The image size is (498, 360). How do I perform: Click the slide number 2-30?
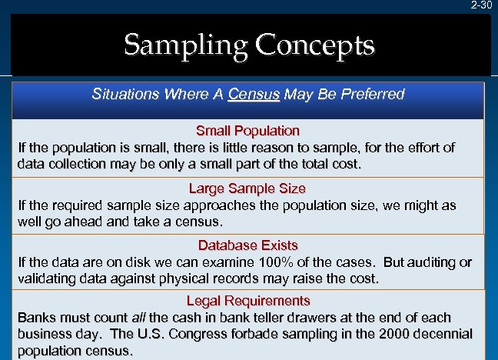481,5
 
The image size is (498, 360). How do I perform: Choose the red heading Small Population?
247,131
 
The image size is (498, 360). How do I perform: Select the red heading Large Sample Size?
247,188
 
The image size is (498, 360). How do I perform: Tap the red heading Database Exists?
247,245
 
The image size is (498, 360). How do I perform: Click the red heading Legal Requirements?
247,301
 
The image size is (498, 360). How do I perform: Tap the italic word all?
139,318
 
